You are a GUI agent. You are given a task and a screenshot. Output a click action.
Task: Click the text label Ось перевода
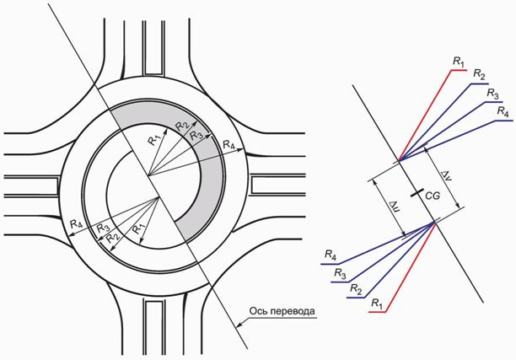282,311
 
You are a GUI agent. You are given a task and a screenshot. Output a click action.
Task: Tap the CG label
433,196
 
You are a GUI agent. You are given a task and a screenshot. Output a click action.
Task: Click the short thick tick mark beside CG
417,193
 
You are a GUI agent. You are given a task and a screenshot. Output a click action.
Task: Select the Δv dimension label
446,175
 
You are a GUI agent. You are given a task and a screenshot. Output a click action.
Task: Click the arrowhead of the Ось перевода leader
239,325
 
